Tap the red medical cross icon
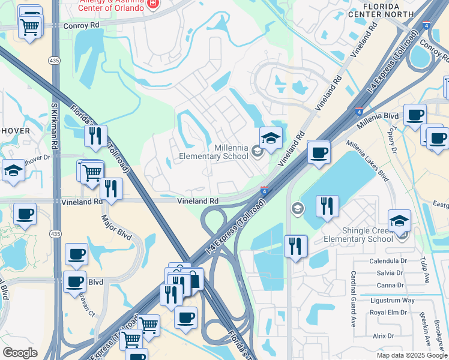point(153,5)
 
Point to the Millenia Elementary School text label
point(214,152)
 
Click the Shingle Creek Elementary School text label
point(358,235)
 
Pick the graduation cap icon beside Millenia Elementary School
point(271,139)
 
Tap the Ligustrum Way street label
point(392,299)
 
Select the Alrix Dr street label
point(383,336)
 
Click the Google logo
point(20,353)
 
